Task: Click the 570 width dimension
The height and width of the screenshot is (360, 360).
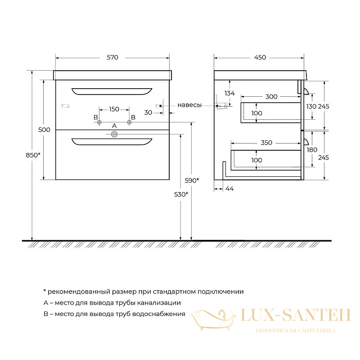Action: [x=112, y=58]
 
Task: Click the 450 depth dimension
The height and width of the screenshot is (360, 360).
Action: [x=260, y=58]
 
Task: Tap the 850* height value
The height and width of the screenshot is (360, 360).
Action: [x=33, y=155]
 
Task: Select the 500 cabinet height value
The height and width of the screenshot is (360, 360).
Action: [x=44, y=130]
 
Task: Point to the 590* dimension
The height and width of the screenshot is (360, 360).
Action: [x=192, y=180]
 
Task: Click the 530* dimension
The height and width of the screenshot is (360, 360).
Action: [x=181, y=194]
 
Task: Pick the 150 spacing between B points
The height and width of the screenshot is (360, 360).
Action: [x=114, y=109]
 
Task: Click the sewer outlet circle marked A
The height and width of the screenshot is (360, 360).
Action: [x=114, y=134]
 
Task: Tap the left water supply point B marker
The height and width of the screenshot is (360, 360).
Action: [x=99, y=122]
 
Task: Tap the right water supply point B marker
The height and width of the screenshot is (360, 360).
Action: [x=129, y=122]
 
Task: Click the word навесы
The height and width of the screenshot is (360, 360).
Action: [x=189, y=105]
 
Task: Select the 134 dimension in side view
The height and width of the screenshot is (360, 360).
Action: [x=229, y=93]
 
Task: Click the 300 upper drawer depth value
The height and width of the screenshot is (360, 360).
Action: [x=271, y=97]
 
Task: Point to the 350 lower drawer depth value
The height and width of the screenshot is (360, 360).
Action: [x=266, y=143]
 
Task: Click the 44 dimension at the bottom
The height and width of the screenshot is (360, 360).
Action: [x=229, y=189]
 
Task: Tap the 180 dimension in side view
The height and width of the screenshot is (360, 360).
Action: [x=312, y=150]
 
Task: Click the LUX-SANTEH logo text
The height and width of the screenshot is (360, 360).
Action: [x=296, y=315]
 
